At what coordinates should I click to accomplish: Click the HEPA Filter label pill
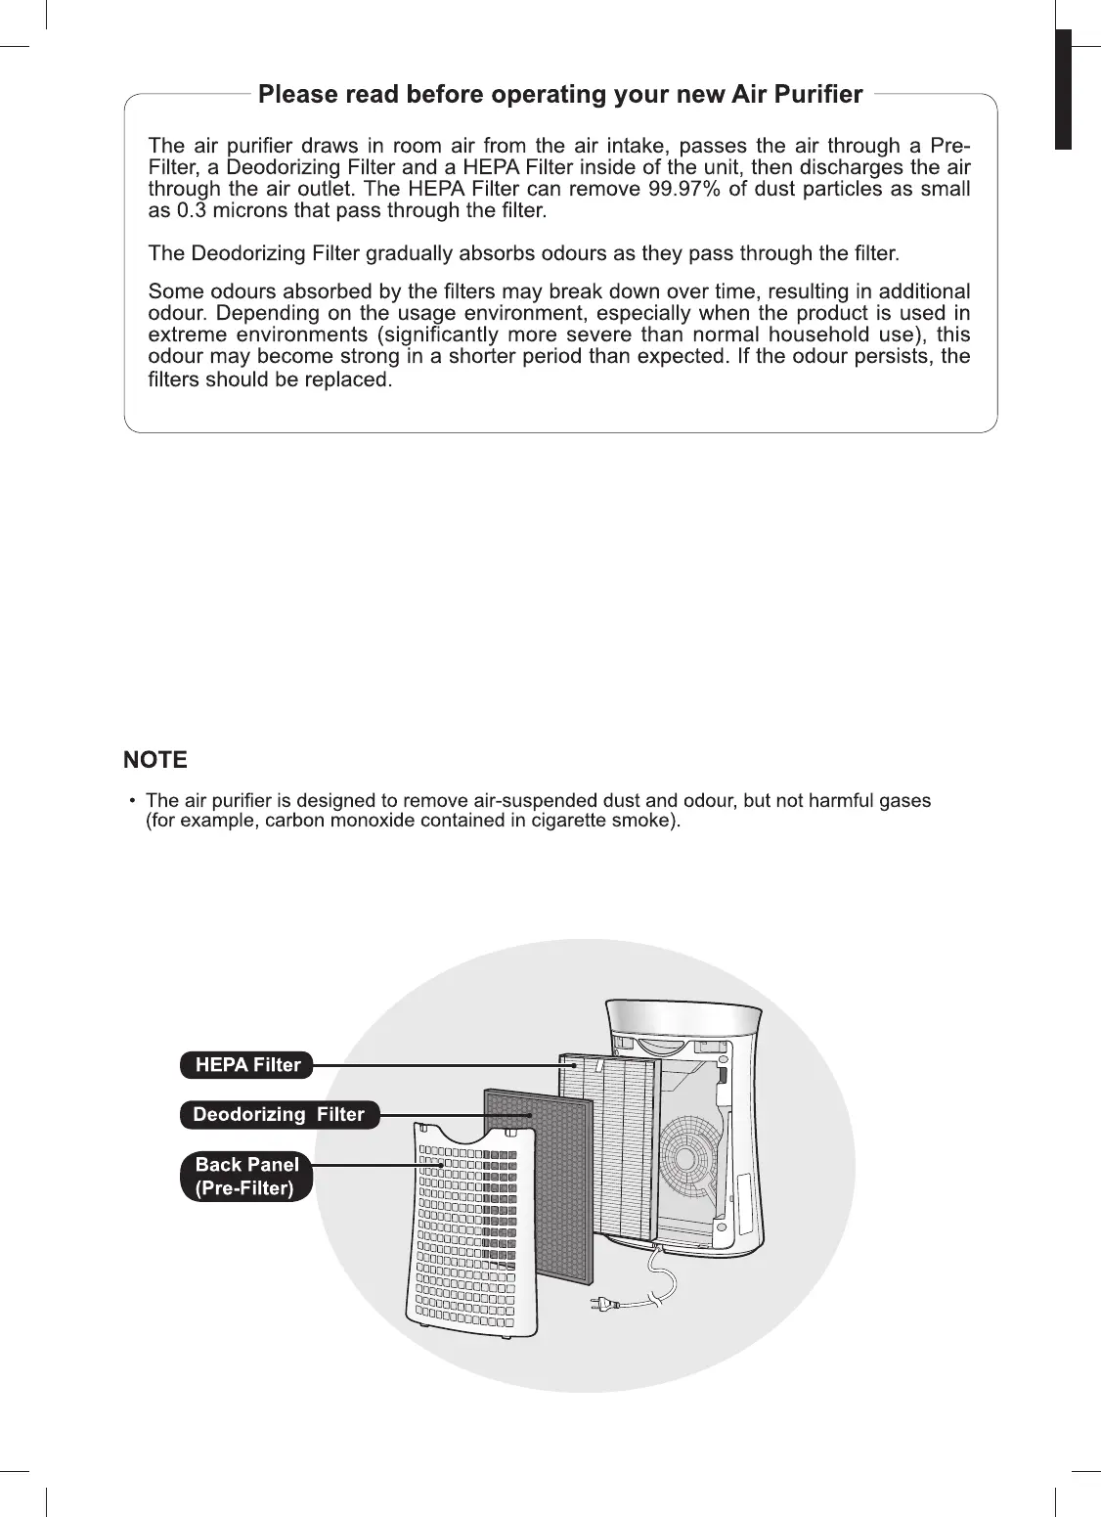coord(246,1065)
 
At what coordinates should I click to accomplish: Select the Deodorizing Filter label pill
coord(279,1114)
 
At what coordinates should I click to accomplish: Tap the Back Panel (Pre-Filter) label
coord(246,1176)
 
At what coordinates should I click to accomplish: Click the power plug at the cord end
coord(598,1303)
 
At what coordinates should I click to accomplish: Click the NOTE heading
coord(155,760)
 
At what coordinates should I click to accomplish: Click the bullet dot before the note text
coord(133,801)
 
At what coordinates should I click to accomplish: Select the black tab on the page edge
coord(1063,89)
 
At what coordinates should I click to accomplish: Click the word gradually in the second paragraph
coord(411,254)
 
